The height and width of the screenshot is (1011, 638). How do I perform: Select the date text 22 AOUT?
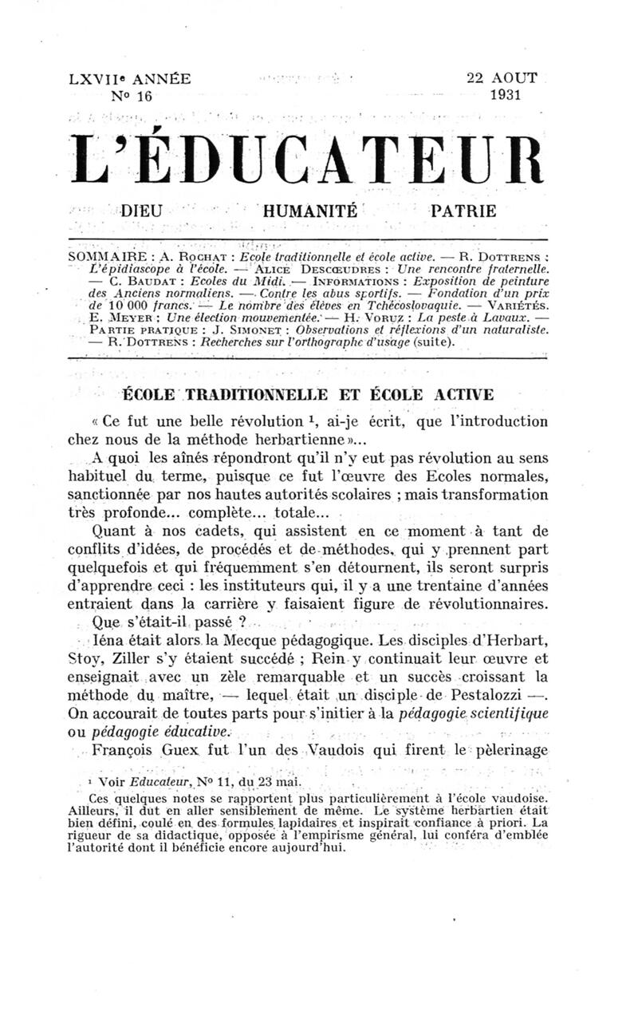click(x=502, y=78)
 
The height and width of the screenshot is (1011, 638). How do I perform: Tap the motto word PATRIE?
click(x=463, y=211)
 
